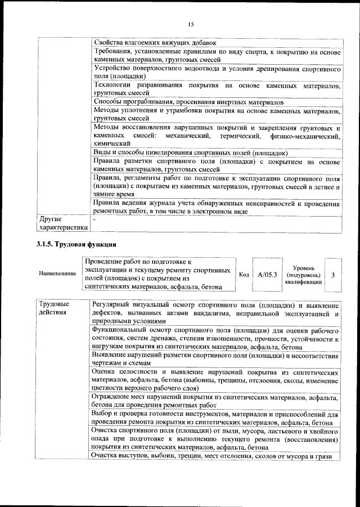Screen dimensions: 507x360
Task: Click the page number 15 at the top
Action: (191, 24)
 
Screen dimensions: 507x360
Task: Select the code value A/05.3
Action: (267, 275)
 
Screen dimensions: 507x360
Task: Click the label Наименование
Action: (57, 274)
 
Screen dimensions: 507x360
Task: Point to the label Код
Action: (244, 275)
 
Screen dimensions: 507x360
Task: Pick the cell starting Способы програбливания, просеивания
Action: (188, 102)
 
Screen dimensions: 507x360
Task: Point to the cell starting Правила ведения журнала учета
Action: (216, 207)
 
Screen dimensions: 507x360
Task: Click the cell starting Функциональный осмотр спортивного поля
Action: (216, 339)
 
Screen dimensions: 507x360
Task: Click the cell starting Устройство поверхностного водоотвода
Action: (216, 72)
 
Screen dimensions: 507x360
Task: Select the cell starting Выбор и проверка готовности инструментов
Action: (216, 418)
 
